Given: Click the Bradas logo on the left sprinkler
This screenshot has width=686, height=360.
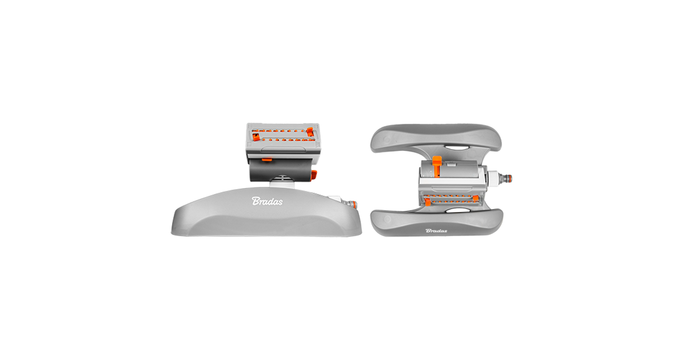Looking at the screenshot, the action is [x=267, y=201].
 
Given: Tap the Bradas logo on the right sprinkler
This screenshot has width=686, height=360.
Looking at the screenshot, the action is [x=436, y=230].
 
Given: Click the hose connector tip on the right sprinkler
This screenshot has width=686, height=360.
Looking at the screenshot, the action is [x=506, y=178].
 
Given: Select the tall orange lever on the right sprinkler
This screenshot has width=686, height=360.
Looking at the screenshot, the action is [x=437, y=166].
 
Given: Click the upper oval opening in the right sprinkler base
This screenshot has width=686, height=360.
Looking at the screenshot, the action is [x=456, y=148].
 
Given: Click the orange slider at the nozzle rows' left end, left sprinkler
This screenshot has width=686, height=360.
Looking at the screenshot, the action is [x=256, y=137].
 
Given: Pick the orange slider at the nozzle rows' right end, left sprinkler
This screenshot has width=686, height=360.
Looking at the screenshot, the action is [x=310, y=131].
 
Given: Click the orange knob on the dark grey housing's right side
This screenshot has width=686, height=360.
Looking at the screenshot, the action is [x=314, y=175].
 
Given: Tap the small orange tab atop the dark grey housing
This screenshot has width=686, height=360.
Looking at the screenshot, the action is [x=267, y=160].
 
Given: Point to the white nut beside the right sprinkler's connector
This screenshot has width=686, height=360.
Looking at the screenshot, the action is [x=493, y=178].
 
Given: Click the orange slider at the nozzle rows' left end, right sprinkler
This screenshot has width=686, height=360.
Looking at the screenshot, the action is [x=427, y=201].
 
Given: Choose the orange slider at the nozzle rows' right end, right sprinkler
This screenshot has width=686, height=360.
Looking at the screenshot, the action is [x=476, y=198].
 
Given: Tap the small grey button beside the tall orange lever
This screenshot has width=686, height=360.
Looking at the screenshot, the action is [x=450, y=165].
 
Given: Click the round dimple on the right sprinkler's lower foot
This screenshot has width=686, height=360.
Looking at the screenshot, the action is [x=387, y=219].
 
